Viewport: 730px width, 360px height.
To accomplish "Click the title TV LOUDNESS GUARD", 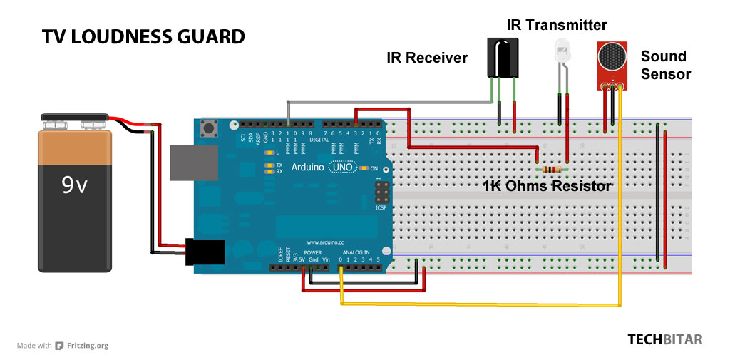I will coord(143,37).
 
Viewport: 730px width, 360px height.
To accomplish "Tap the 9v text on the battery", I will coord(74,185).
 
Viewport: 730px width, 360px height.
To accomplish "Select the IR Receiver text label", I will coord(426,58).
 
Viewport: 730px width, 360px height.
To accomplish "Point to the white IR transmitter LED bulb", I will coord(562,51).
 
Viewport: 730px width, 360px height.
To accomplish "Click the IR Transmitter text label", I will coord(556,26).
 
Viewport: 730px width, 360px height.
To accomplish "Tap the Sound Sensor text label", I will coord(664,64).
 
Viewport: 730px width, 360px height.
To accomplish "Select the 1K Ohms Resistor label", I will coord(547,187).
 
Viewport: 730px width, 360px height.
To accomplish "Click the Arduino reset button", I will coord(210,130).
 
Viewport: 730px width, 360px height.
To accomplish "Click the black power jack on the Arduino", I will coord(205,252).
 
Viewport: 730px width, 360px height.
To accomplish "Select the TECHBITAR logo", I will coord(664,340).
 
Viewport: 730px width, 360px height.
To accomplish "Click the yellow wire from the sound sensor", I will coord(620,214).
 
